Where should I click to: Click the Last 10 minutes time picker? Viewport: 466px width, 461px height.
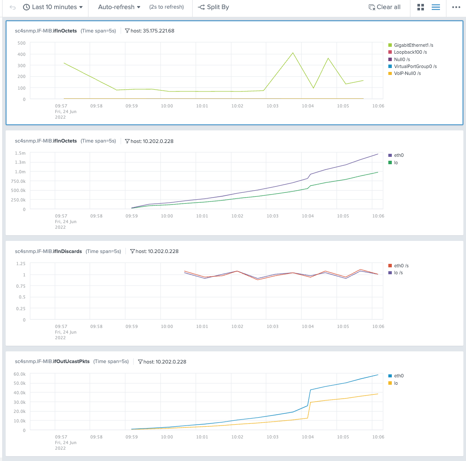point(53,7)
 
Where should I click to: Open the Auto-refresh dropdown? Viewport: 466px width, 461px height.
point(119,7)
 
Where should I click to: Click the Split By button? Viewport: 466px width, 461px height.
point(213,7)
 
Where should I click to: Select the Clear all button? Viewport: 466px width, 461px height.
point(384,7)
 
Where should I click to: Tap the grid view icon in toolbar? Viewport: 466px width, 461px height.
point(420,7)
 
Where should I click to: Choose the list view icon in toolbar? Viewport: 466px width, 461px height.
point(436,7)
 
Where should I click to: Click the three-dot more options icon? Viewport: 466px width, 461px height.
point(456,7)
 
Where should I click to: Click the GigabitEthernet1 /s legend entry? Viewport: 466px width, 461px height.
point(413,45)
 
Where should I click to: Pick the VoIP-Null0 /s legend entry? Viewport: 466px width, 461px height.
point(407,73)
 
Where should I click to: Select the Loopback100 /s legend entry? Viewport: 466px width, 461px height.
point(410,52)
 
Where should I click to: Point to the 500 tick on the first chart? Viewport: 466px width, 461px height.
point(21,43)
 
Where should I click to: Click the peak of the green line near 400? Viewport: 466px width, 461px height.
point(293,53)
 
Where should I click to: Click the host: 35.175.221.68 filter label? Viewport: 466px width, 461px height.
point(149,31)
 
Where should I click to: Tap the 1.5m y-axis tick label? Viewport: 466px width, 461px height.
point(20,153)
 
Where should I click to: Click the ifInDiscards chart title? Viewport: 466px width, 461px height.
point(48,251)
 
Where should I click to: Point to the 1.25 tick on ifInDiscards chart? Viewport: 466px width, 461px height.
point(20,263)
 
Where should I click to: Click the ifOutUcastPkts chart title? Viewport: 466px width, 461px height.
point(52,361)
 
